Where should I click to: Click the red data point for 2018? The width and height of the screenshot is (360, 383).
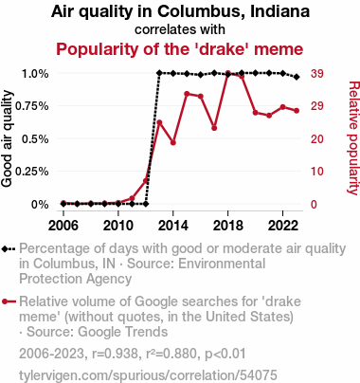(228, 74)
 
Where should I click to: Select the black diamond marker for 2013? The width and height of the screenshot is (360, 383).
(159, 73)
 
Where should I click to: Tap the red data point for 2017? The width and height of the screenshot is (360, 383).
(214, 128)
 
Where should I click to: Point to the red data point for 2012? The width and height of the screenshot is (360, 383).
(146, 181)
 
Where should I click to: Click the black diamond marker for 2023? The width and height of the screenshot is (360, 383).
(297, 77)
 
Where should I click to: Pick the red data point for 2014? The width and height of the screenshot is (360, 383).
(173, 143)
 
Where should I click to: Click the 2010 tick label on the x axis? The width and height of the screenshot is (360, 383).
(118, 226)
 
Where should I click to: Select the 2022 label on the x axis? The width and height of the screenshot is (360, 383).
(283, 226)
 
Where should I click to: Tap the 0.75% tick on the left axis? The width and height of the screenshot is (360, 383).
(32, 106)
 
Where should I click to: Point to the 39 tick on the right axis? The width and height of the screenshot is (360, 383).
(317, 74)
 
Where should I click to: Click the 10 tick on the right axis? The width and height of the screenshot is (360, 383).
(317, 172)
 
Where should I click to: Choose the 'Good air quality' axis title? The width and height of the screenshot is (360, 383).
(7, 138)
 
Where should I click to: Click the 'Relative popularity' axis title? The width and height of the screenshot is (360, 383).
(353, 138)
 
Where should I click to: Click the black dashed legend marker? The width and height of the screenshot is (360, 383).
(9, 249)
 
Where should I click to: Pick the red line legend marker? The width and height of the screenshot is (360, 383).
(9, 301)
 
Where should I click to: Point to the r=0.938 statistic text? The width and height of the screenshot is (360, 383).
(115, 354)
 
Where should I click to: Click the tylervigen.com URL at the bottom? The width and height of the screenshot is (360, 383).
(148, 375)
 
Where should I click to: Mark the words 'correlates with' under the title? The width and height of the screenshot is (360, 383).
(180, 29)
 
